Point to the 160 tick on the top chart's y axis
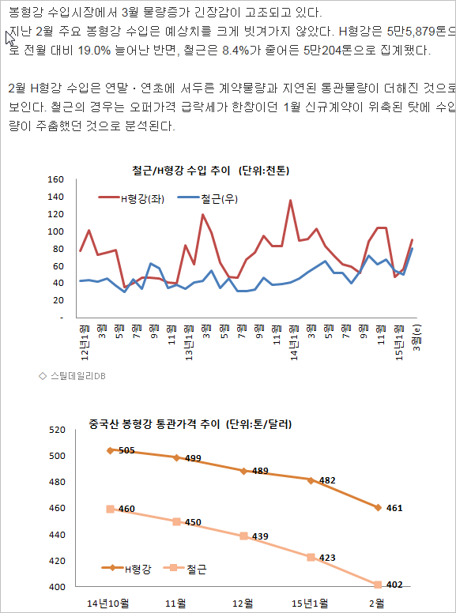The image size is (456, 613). pos(55,179)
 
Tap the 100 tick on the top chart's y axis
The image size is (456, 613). pos(55,231)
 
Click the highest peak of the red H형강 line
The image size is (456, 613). pos(291,201)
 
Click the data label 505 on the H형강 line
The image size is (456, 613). pos(126,450)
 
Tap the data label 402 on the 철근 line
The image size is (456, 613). pos(395,585)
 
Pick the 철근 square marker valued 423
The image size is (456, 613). pos(311,557)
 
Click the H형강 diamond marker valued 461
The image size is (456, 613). pos(378,507)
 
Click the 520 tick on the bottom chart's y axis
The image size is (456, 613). pos(56,431)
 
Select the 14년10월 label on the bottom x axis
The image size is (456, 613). pos(108,603)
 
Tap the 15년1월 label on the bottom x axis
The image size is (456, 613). pos(310,603)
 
